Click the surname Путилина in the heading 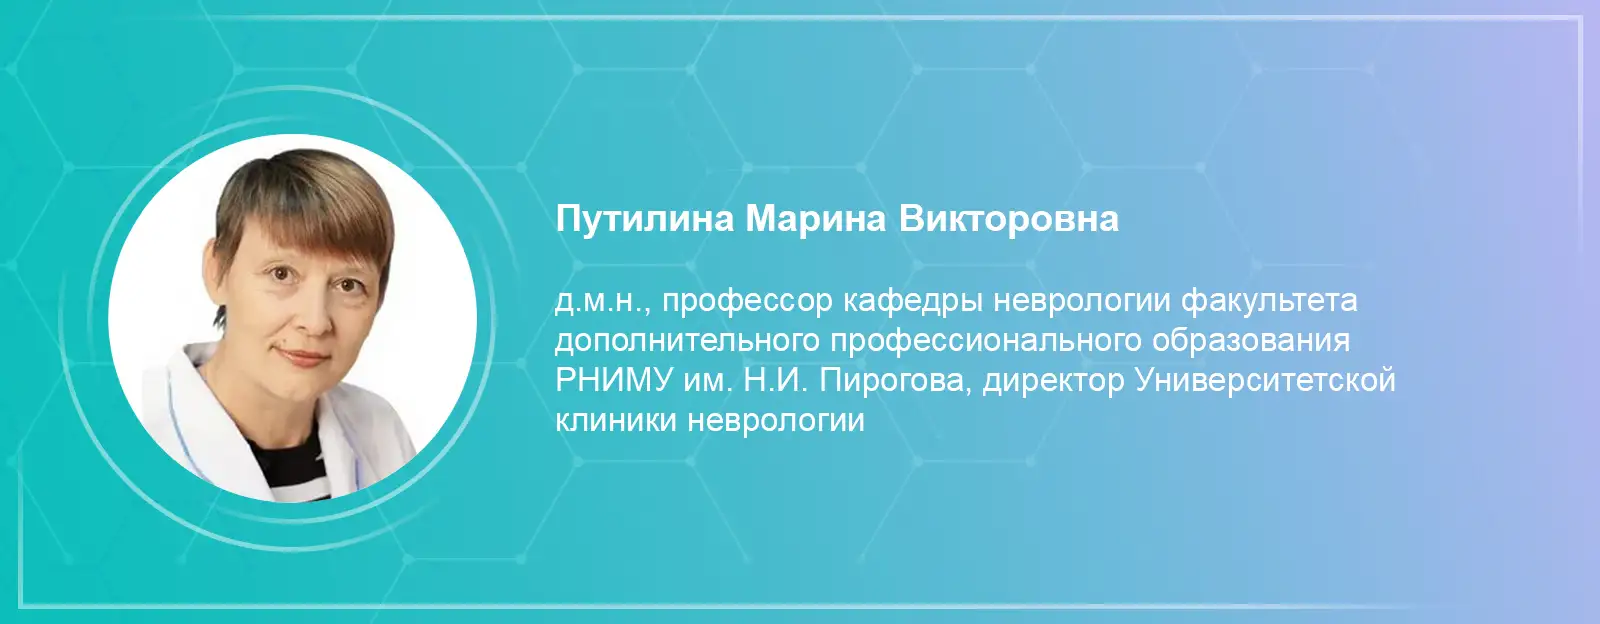tap(644, 219)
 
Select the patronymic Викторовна tap(1009, 219)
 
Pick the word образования tap(1250, 341)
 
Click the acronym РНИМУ tap(614, 381)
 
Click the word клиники tap(616, 421)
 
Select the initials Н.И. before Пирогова tap(775, 381)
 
